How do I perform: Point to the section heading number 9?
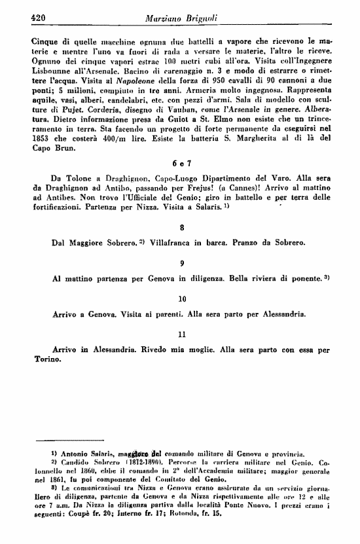(x=181, y=263)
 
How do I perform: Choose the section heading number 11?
(x=181, y=335)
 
